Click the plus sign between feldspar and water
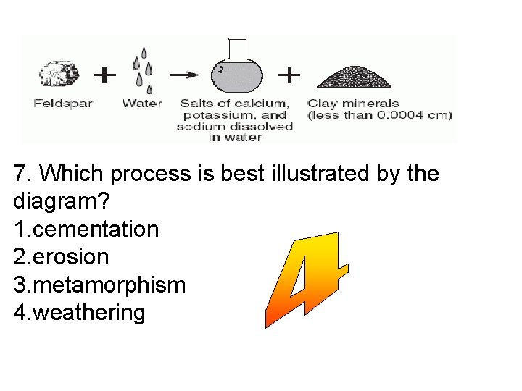pos(105,74)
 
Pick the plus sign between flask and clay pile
pos(289,73)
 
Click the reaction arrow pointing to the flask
pos(186,74)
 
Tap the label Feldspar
pos(63,103)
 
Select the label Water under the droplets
pos(142,103)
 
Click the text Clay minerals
pos(353,103)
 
